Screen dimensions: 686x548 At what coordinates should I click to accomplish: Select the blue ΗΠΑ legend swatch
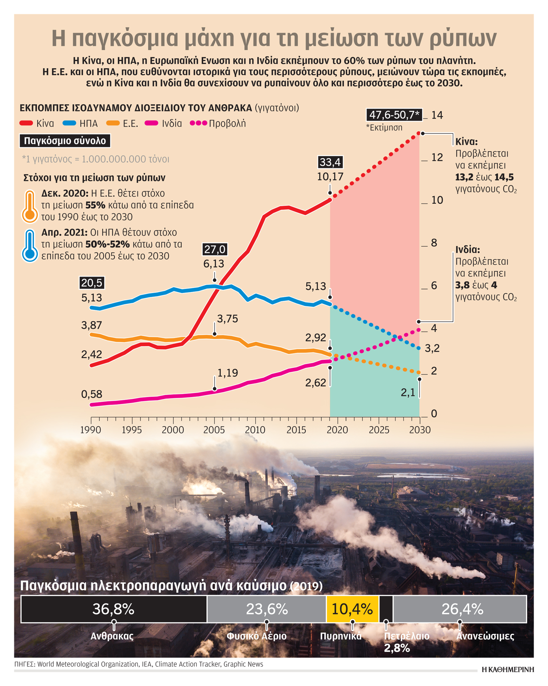click(x=69, y=123)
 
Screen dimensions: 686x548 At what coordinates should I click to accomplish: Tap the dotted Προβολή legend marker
click(x=198, y=123)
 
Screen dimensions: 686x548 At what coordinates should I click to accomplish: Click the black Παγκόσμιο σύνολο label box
click(x=65, y=141)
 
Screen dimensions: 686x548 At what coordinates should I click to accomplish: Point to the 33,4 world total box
click(x=330, y=162)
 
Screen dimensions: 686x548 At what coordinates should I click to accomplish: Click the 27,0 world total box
click(x=215, y=249)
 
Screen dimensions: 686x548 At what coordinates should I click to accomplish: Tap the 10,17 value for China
click(x=330, y=176)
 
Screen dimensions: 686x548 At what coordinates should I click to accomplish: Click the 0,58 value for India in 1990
click(x=92, y=394)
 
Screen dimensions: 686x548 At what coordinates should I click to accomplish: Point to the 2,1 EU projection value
click(x=408, y=393)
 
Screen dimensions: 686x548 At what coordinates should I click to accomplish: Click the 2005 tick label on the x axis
click(x=214, y=430)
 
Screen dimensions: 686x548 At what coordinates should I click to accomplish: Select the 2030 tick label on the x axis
click(x=420, y=430)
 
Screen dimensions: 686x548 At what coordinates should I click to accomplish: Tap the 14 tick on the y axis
click(x=437, y=115)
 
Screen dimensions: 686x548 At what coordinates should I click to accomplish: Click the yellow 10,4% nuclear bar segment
click(x=352, y=609)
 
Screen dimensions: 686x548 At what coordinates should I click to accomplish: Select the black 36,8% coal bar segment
click(x=114, y=609)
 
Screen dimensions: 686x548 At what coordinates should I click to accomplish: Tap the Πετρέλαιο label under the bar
click(x=407, y=636)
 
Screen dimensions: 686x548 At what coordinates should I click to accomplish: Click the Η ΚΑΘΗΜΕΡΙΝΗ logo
click(x=508, y=669)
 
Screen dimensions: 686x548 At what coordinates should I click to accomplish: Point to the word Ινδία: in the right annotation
click(x=467, y=249)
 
